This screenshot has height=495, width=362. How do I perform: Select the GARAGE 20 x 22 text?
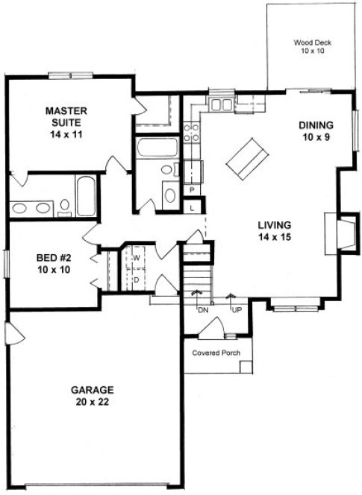[93, 396]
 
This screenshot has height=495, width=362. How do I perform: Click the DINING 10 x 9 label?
[316, 131]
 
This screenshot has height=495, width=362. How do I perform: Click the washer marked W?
[137, 257]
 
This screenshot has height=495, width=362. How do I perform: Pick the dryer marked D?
[137, 279]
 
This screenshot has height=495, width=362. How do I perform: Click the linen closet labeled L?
[192, 207]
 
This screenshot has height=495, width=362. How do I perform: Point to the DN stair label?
[202, 309]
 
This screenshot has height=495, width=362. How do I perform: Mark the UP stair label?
[237, 309]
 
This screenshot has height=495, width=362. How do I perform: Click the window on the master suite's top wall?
[70, 75]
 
